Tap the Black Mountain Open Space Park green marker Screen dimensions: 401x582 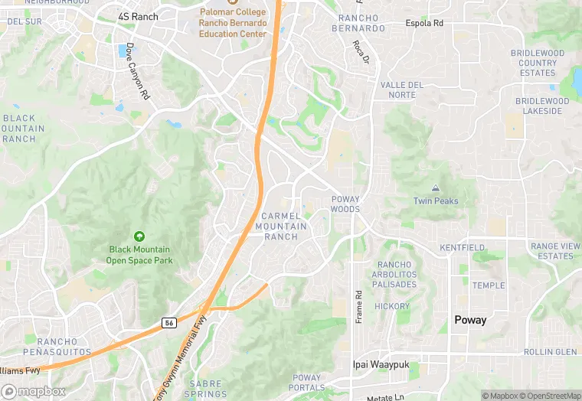point(139,236)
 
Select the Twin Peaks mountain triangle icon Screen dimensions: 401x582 point(436,188)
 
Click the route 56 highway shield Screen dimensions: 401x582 point(168,323)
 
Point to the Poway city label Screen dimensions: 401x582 point(470,320)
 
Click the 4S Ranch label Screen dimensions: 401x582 point(138,16)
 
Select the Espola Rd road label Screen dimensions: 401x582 point(424,24)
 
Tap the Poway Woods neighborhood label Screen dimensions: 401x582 point(345,204)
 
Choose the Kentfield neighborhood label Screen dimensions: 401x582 point(462,248)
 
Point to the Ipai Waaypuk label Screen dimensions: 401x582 point(382,365)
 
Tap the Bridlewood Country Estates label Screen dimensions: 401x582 point(537,63)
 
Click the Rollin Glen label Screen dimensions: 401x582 point(550,352)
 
